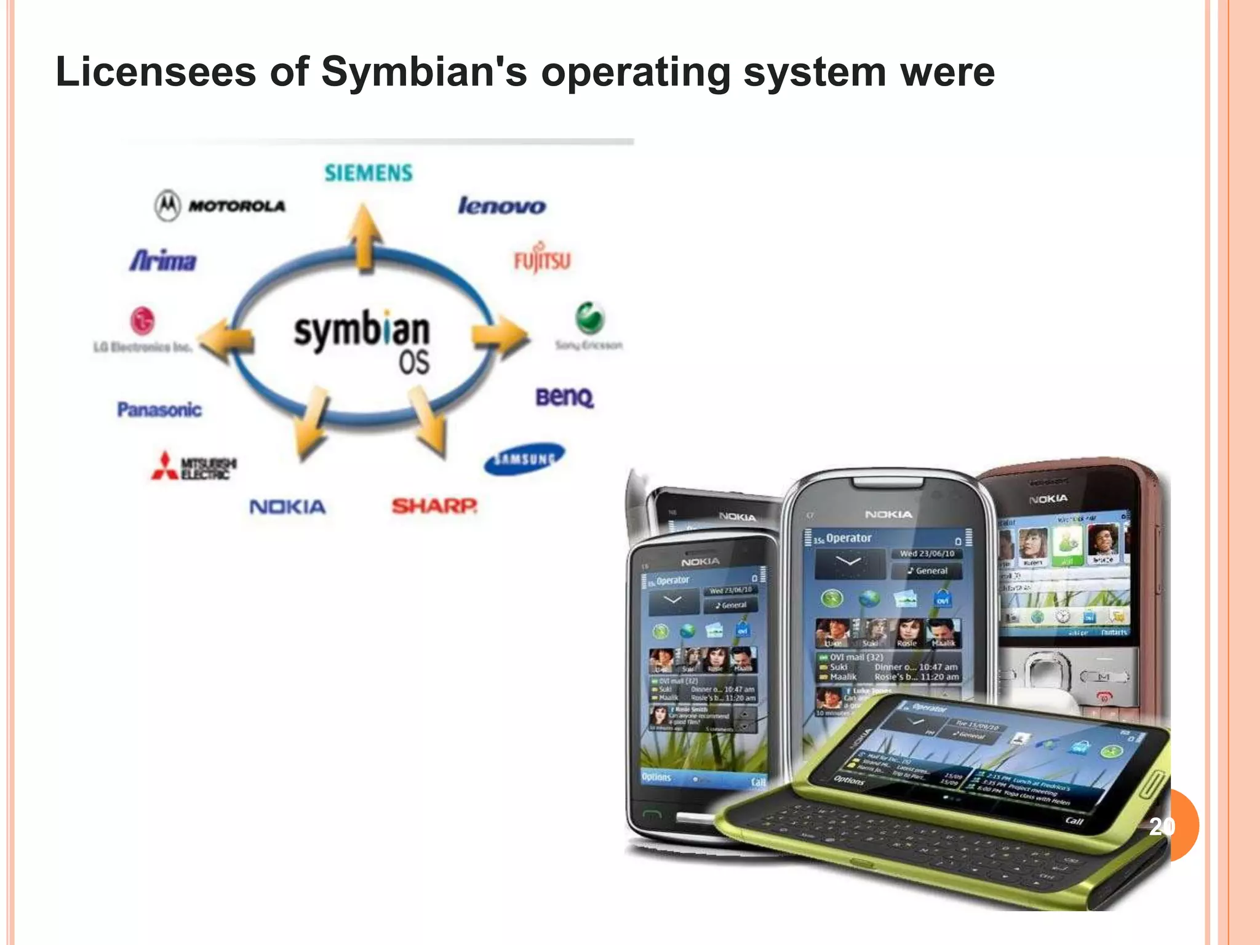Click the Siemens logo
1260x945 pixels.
369,173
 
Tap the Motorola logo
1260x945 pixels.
220,205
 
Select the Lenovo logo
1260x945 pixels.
501,205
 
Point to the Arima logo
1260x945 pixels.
163,261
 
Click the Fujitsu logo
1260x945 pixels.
542,260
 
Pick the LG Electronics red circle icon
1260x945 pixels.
142,321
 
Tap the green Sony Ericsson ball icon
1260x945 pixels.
589,318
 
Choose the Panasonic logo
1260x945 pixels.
159,409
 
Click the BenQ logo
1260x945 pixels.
564,397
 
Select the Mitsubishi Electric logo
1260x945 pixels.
194,466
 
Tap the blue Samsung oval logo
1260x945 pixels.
524,459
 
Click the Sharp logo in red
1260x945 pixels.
434,506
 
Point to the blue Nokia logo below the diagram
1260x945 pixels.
287,507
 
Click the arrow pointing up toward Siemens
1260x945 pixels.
365,237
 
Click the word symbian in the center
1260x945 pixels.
361,330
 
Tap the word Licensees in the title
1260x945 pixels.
156,72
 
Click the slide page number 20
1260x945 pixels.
1162,826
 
